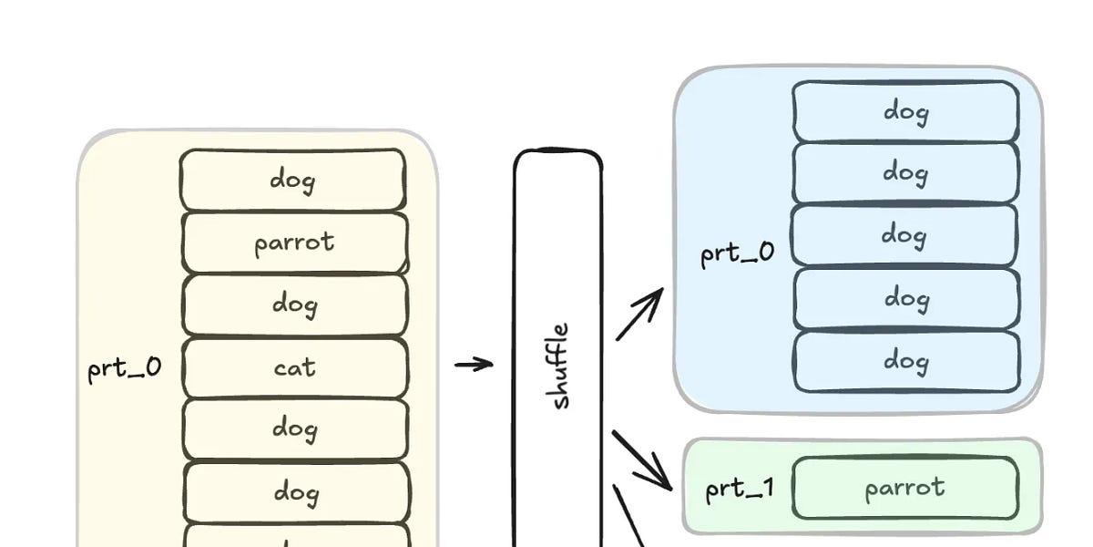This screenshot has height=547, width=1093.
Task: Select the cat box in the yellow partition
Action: click(x=294, y=367)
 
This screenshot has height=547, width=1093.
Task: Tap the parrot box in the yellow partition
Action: click(x=294, y=243)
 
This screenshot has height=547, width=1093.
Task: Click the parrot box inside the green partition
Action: click(x=904, y=488)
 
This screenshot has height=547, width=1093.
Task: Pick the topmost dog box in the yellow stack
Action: click(x=292, y=180)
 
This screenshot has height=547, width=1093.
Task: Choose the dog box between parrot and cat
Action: click(x=294, y=304)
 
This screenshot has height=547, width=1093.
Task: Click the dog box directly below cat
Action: click(x=294, y=428)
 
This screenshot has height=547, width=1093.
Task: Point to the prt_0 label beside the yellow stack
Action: click(x=124, y=369)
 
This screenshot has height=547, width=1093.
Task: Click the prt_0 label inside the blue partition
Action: click(x=737, y=252)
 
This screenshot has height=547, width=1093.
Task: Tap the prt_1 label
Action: click(x=740, y=490)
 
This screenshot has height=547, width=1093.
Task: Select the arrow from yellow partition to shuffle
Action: click(x=474, y=365)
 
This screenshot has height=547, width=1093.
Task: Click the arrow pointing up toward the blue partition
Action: click(x=639, y=315)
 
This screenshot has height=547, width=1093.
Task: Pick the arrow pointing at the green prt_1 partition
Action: click(x=642, y=460)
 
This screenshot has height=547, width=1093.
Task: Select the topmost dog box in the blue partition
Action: click(x=905, y=111)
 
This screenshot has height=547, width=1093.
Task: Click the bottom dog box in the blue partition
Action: click(x=905, y=361)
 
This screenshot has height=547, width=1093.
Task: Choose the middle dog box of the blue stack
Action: click(x=905, y=235)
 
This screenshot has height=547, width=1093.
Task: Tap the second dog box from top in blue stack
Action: click(x=905, y=172)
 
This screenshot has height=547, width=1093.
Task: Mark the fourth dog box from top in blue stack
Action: click(x=905, y=298)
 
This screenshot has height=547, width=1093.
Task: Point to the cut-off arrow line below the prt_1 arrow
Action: click(x=628, y=515)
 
